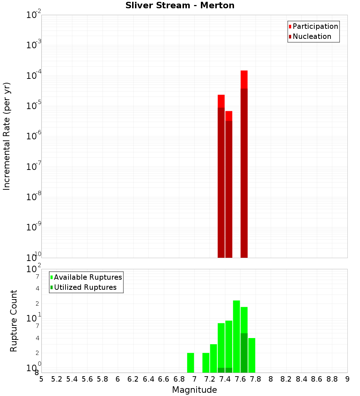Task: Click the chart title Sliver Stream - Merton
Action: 180,6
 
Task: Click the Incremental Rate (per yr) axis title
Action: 7,136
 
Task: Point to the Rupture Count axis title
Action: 14,321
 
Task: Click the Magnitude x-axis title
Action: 194,390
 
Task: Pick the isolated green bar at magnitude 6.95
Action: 190,363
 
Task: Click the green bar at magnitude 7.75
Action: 252,355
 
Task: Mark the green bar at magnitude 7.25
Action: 213,358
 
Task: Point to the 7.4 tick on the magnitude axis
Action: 225,379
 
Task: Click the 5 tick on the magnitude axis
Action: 41,379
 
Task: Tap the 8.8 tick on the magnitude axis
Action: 332,379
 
